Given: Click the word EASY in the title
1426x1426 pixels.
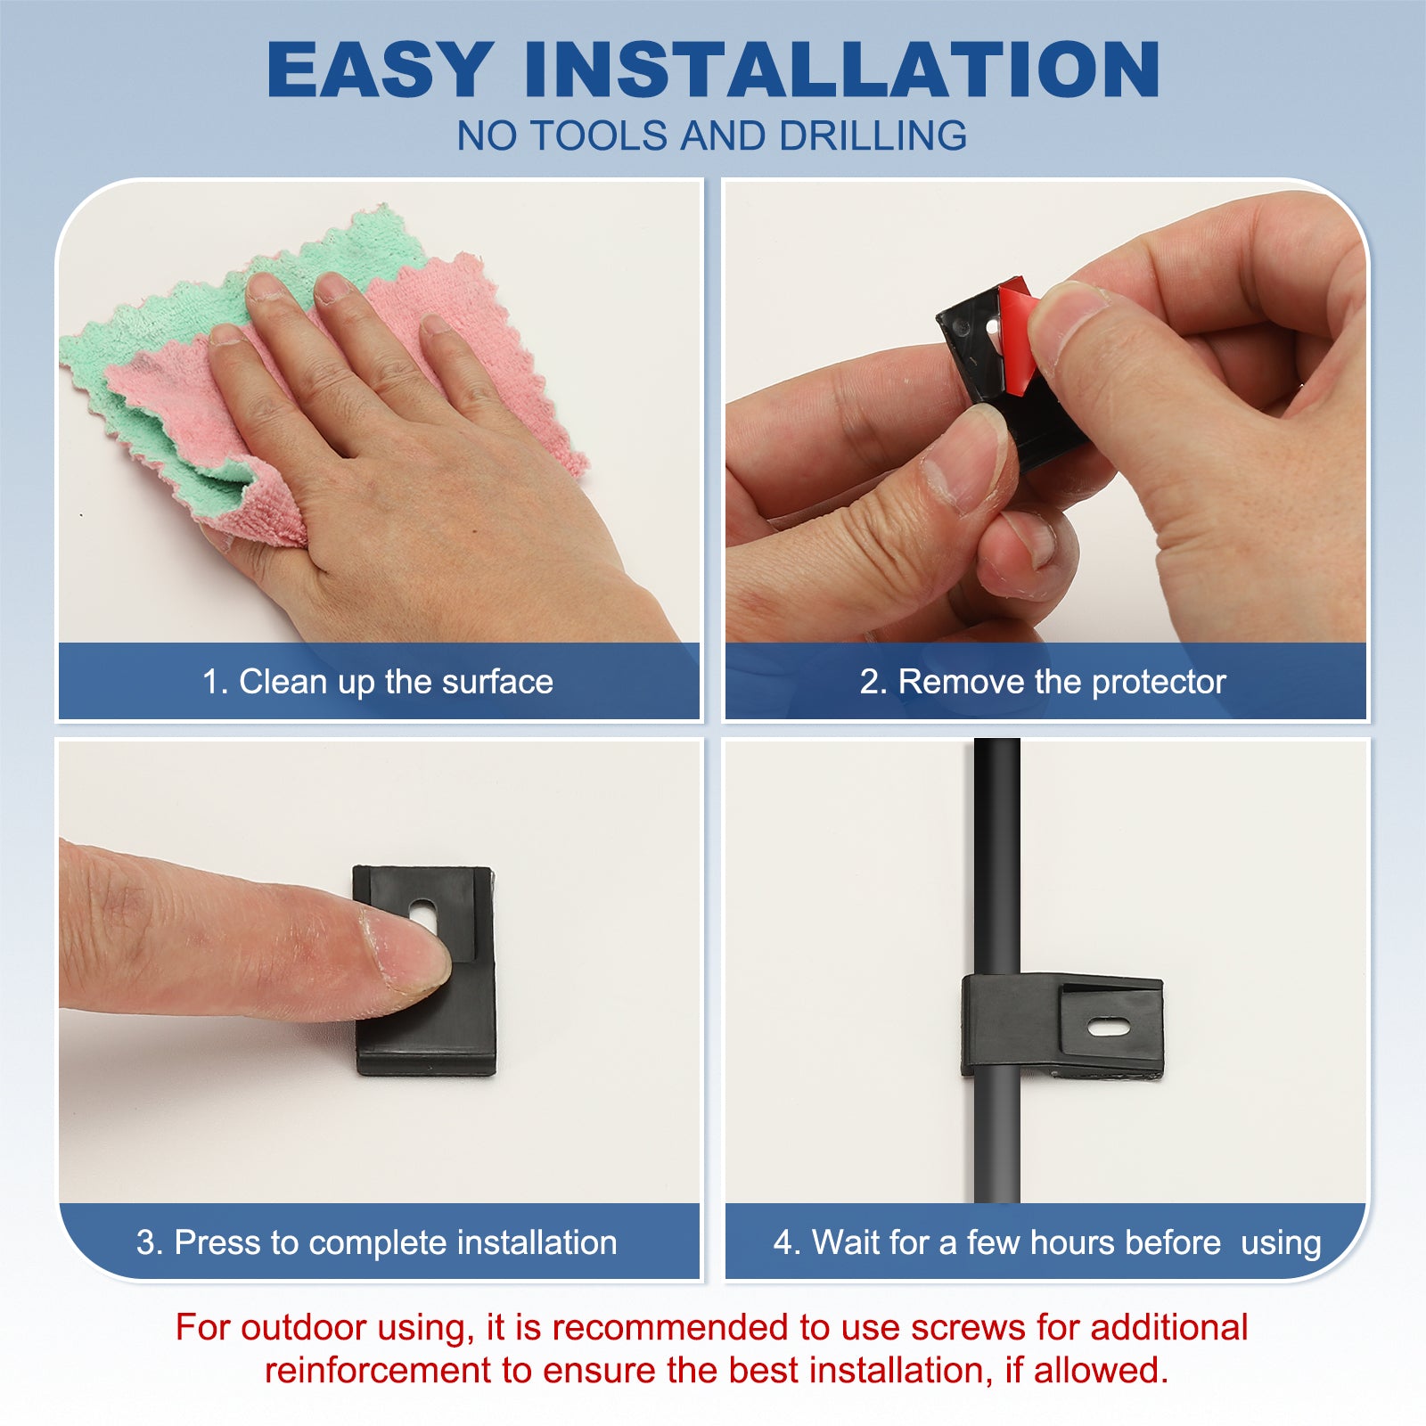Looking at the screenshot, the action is point(381,69).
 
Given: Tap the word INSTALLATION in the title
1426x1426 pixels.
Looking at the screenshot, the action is point(842,69).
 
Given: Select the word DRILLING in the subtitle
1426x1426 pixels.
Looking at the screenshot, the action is point(873,135).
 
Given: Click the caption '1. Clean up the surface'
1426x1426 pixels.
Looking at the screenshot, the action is point(378,682).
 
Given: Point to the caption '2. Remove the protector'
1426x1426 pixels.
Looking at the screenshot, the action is point(1043,682).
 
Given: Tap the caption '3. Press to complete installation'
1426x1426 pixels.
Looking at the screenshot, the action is point(377,1242).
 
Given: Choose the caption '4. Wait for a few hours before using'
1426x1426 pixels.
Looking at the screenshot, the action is point(1047,1242).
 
